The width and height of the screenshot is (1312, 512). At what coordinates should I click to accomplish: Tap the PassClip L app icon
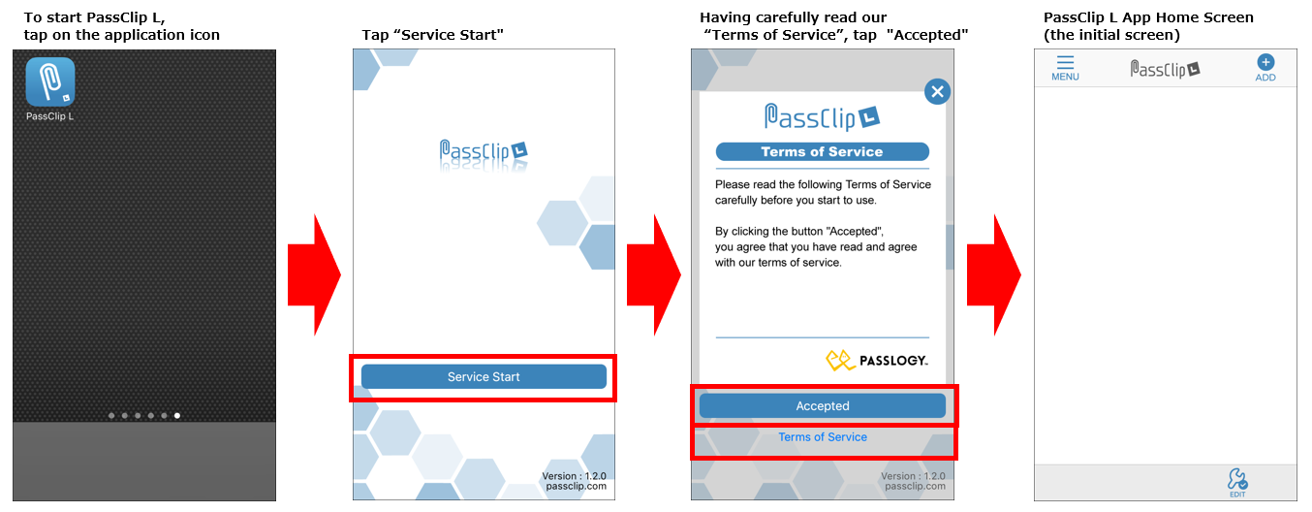(50, 81)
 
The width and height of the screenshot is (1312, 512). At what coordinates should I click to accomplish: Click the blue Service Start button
(484, 376)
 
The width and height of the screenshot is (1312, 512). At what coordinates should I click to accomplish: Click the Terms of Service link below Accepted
(823, 437)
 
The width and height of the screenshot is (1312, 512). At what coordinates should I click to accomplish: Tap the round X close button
(937, 91)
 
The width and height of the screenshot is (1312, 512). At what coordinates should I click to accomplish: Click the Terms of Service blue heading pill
(823, 151)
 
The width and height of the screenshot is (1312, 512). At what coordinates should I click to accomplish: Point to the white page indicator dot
(177, 415)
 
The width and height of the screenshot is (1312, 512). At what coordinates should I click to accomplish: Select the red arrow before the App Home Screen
(994, 274)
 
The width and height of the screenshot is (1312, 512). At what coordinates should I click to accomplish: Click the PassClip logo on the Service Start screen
(484, 152)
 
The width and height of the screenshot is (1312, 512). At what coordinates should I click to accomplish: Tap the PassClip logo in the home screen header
(1165, 69)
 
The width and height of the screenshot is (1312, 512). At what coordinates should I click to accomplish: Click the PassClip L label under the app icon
(49, 116)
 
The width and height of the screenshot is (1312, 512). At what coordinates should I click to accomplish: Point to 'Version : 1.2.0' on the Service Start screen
(574, 476)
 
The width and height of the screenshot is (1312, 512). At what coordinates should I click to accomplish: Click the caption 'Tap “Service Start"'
(433, 35)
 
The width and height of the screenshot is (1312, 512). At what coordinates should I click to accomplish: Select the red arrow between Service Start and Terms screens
(654, 274)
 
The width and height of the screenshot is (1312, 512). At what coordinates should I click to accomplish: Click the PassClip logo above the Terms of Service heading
(823, 116)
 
